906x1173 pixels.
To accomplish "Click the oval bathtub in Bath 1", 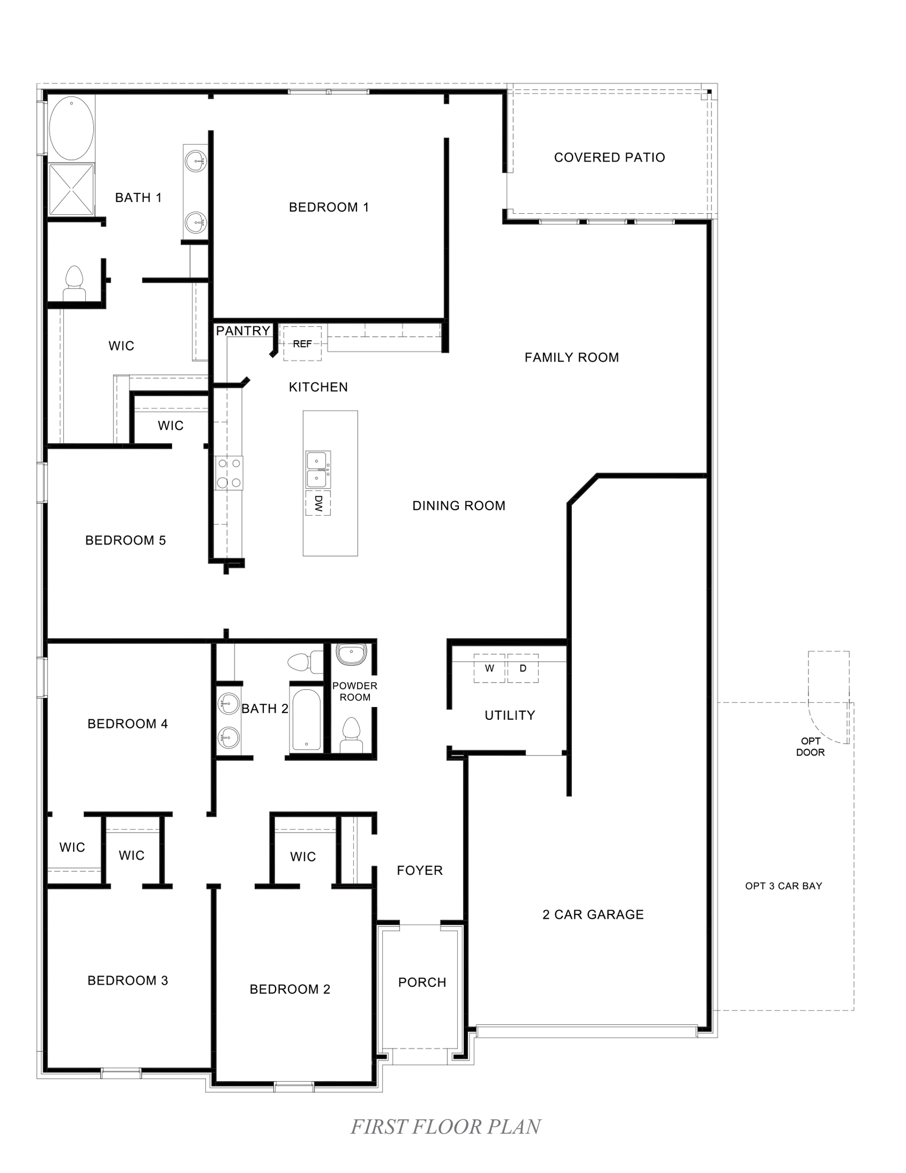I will pyautogui.click(x=71, y=128).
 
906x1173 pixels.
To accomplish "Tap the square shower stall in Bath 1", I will pyautogui.click(x=71, y=190).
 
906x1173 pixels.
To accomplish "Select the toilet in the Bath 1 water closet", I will pyautogui.click(x=74, y=284).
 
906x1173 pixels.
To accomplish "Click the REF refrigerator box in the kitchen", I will pyautogui.click(x=302, y=344).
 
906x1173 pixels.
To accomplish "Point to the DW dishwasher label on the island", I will pyautogui.click(x=318, y=503).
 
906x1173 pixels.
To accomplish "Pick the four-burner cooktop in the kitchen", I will pyautogui.click(x=229, y=473).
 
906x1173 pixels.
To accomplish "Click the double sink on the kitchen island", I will pyautogui.click(x=318, y=469).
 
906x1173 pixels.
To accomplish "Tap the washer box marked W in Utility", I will pyautogui.click(x=489, y=669).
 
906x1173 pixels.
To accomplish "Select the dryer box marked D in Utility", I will pyautogui.click(x=523, y=669).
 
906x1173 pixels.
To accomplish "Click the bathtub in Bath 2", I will pyautogui.click(x=306, y=720).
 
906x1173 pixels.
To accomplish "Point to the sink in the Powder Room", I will pyautogui.click(x=352, y=654).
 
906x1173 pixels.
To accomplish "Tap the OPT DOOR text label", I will pyautogui.click(x=810, y=746).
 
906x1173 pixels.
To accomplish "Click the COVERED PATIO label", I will pyautogui.click(x=609, y=157).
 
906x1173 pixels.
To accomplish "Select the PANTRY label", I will pyautogui.click(x=243, y=331).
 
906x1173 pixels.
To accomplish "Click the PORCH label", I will pyautogui.click(x=422, y=982).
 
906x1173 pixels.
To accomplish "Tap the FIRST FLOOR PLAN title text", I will pyautogui.click(x=446, y=1126).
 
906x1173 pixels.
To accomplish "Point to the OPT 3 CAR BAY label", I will pyautogui.click(x=783, y=886).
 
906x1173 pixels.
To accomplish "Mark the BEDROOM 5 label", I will pyautogui.click(x=126, y=540).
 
